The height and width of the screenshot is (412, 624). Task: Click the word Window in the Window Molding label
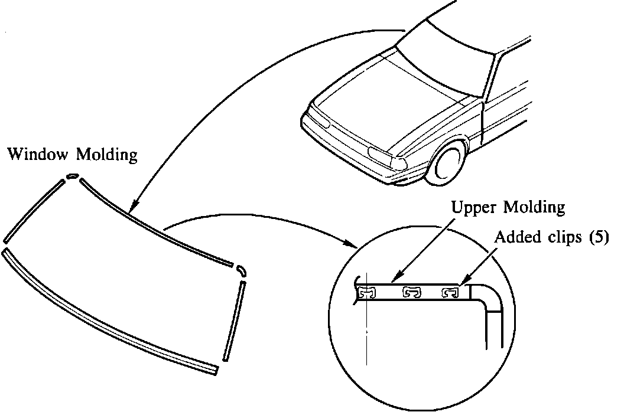[x=37, y=155]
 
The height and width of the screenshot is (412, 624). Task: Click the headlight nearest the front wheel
[x=383, y=155]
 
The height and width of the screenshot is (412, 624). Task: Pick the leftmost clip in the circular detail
[x=366, y=292]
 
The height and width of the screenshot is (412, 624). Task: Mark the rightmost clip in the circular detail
[x=451, y=292]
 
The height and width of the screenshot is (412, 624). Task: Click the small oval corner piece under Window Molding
[x=72, y=175]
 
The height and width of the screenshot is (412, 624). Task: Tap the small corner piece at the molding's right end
[x=241, y=269]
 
